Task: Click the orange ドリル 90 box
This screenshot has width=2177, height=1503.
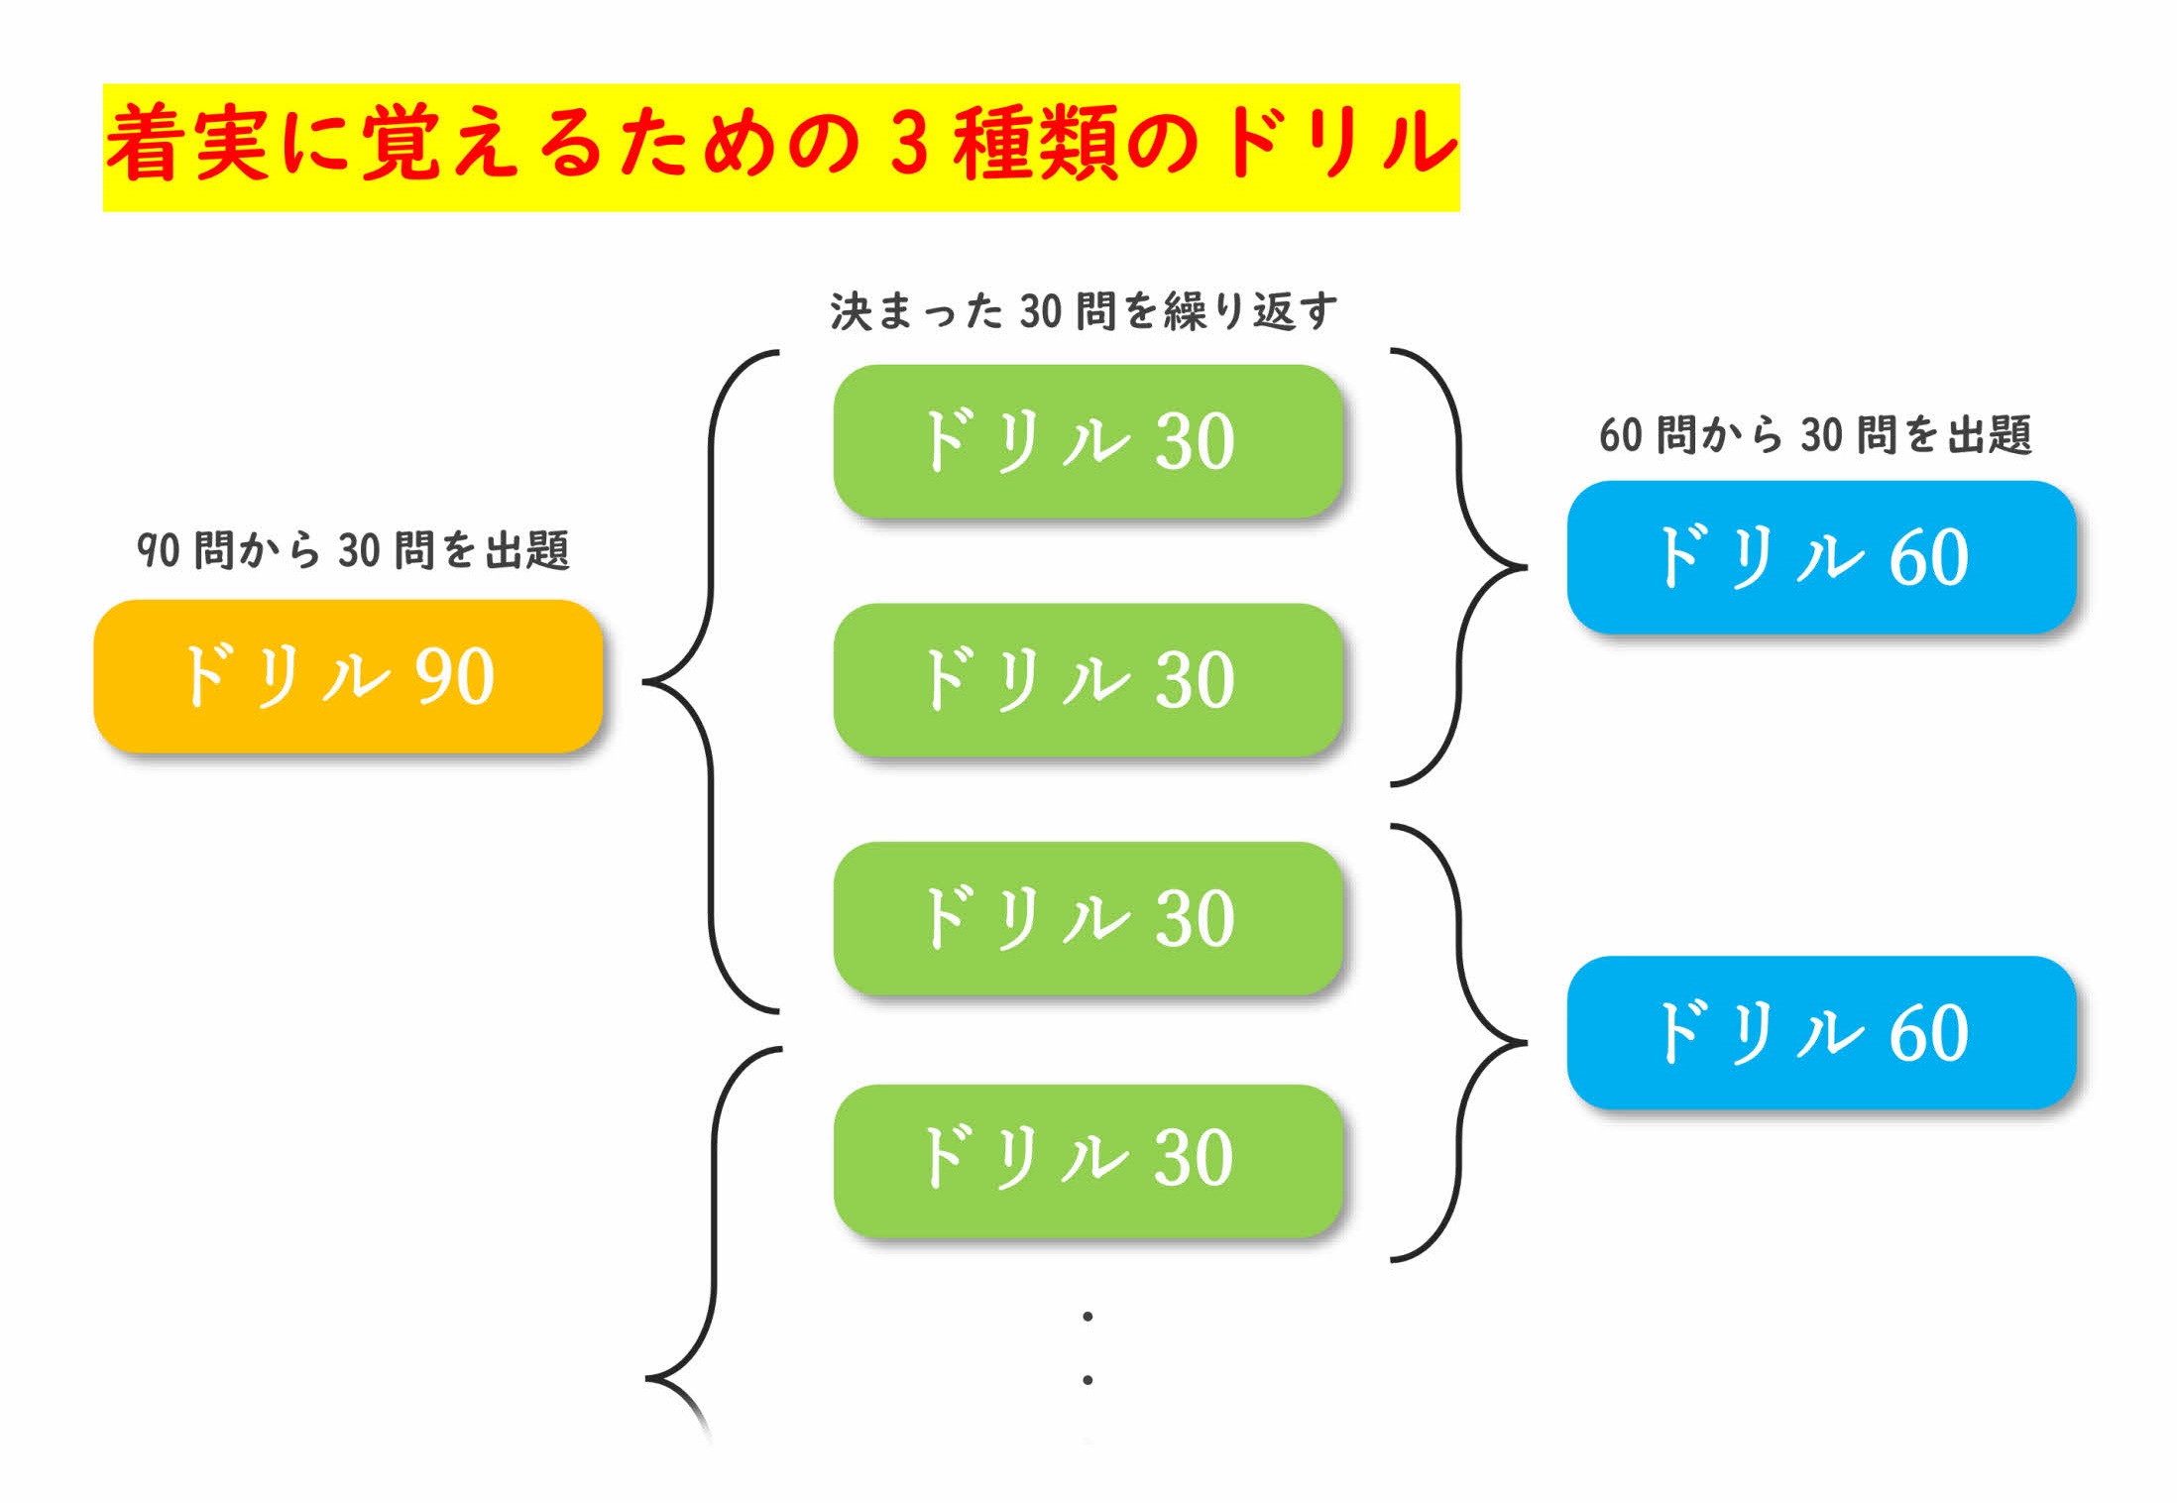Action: (348, 676)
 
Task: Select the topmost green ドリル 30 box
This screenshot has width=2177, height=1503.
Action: (1088, 441)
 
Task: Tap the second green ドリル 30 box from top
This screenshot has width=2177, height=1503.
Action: (1088, 680)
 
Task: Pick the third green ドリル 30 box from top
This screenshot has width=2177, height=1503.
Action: (1088, 918)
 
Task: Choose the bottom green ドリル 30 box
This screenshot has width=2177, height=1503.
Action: (1088, 1160)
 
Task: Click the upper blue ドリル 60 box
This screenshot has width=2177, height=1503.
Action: (1821, 557)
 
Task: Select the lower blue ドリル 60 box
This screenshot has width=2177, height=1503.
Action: (1821, 1032)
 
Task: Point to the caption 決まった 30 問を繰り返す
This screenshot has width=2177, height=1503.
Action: (1084, 311)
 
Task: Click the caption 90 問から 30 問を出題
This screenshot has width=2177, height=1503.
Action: (353, 550)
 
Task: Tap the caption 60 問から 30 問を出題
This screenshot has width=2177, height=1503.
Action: (1815, 435)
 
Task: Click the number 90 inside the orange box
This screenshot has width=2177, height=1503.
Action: (454, 677)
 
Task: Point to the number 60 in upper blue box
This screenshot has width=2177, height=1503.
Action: (1928, 557)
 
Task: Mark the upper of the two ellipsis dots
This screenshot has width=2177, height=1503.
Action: (1088, 1317)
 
